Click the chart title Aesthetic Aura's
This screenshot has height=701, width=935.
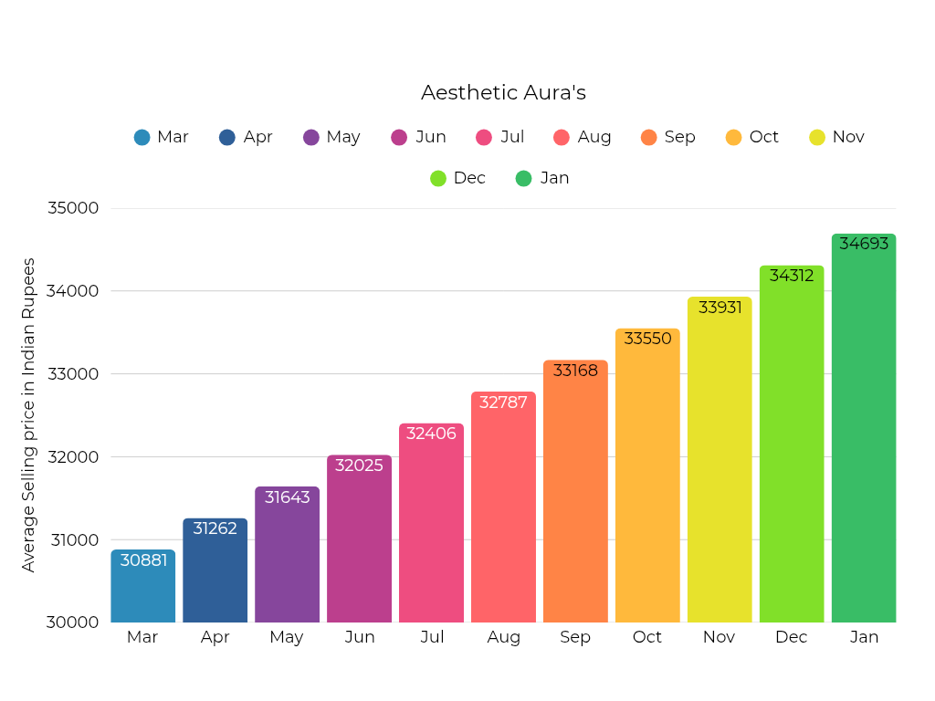pos(503,93)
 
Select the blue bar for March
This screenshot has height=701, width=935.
pos(143,589)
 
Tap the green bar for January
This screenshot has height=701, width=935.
pos(864,429)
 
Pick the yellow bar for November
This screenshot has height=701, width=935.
pos(720,461)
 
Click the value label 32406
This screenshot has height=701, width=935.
pos(431,434)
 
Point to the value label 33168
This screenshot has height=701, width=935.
pos(575,371)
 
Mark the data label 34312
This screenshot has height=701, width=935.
pos(792,276)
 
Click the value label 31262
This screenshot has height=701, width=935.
pos(215,528)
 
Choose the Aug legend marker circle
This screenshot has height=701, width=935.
pos(562,138)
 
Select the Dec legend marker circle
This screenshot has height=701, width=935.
pos(438,179)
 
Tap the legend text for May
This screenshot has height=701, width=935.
pos(343,137)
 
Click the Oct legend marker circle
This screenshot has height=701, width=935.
pos(734,138)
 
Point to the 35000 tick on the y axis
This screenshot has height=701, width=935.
pos(72,208)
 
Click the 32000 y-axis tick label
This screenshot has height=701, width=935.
pos(72,456)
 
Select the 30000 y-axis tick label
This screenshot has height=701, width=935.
pos(72,623)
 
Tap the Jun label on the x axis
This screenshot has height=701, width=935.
pos(360,637)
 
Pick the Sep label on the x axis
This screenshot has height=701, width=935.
pos(575,637)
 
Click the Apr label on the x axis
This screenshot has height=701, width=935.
pos(215,637)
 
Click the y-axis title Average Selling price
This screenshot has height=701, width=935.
pos(28,415)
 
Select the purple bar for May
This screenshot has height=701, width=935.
pos(287,557)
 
